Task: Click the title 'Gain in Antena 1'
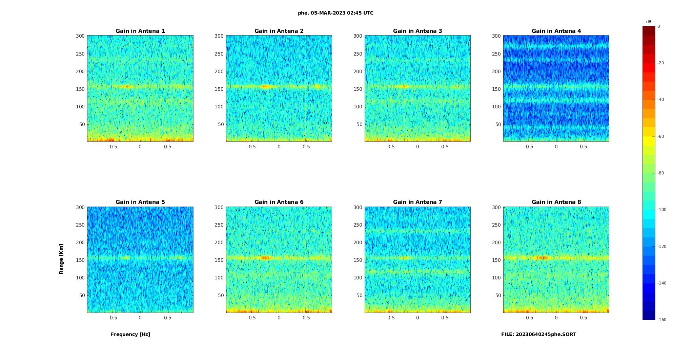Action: click(x=140, y=31)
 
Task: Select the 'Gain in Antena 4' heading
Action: click(x=556, y=31)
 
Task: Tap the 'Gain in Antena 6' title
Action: click(x=279, y=202)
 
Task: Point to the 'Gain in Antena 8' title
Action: click(x=556, y=202)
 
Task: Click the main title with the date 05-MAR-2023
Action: click(x=335, y=13)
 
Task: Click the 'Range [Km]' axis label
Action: click(x=61, y=259)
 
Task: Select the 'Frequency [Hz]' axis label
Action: click(x=130, y=334)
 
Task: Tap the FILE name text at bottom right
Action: click(x=538, y=334)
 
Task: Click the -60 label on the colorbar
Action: click(x=660, y=136)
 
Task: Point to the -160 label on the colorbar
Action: click(x=661, y=320)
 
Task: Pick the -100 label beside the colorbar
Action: click(x=661, y=210)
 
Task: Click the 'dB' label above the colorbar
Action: click(x=649, y=22)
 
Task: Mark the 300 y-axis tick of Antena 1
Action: click(x=80, y=36)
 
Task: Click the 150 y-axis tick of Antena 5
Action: click(x=80, y=260)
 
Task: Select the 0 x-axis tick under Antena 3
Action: click(x=417, y=147)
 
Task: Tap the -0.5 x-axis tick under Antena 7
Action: click(x=390, y=318)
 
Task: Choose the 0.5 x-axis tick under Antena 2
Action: click(x=306, y=147)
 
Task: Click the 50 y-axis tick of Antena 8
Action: click(x=498, y=295)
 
